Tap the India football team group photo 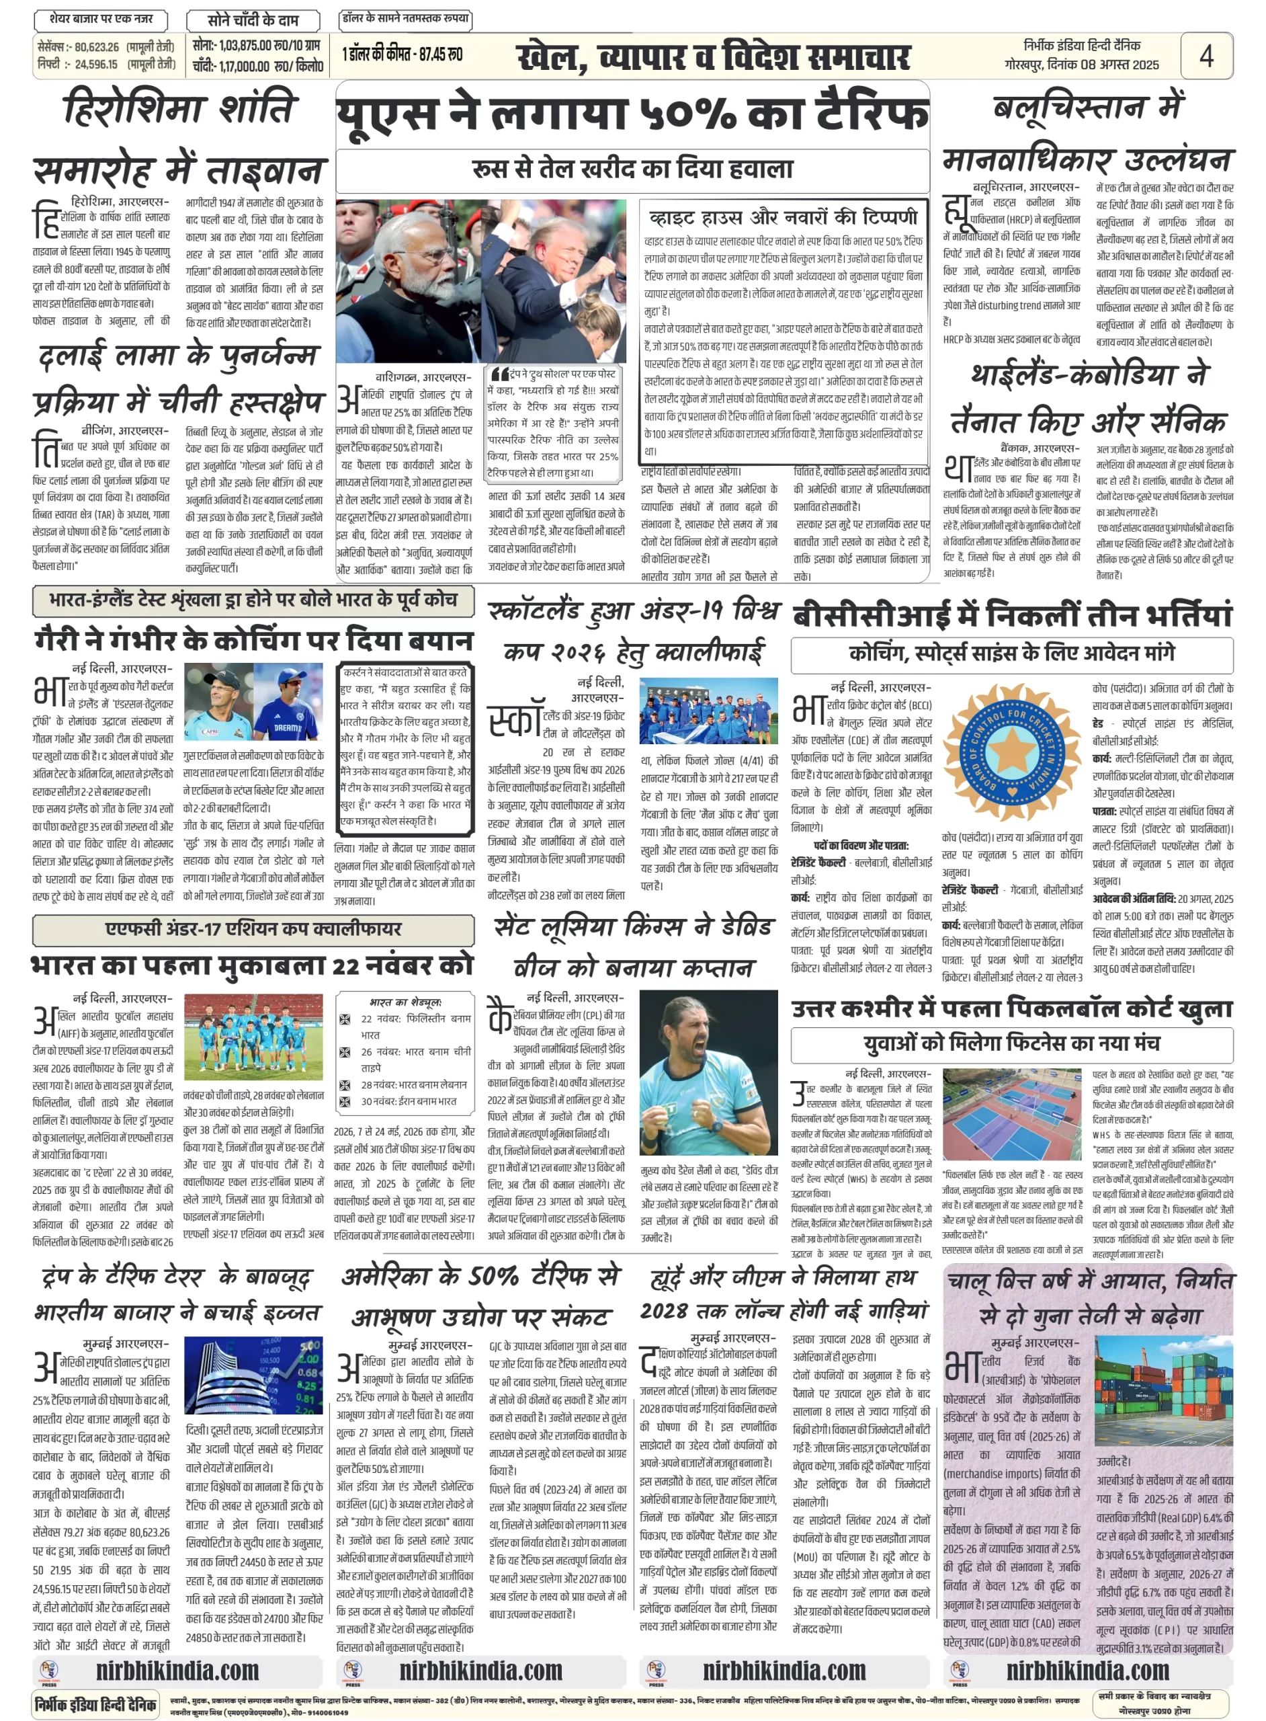(253, 1037)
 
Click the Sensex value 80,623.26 (97, 47)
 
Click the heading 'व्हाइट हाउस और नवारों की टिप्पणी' (782, 218)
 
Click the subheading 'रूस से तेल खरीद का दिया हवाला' (632, 169)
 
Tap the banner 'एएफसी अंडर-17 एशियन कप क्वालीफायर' (253, 929)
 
